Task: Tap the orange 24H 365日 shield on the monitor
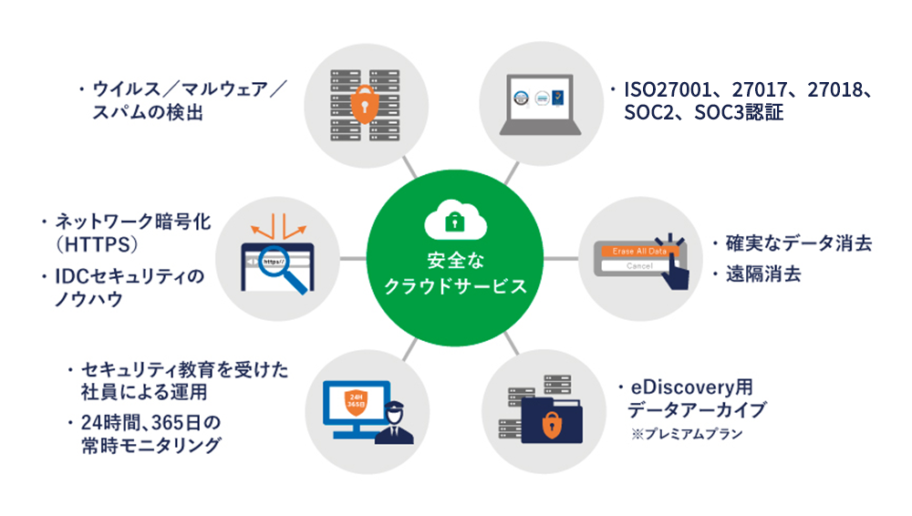355,401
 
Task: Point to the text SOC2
650,115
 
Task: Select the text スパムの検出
146,115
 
